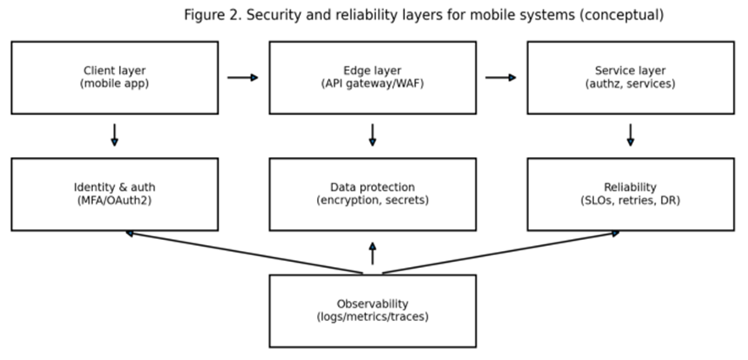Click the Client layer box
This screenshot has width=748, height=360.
point(114,77)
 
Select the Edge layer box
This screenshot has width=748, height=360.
point(372,77)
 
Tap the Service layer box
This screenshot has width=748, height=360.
point(631,77)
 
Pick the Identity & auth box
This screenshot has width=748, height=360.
point(114,194)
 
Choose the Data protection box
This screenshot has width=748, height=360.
point(372,194)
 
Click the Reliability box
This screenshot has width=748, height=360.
point(631,194)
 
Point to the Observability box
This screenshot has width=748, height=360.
point(372,310)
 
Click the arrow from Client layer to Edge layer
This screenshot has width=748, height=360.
point(243,78)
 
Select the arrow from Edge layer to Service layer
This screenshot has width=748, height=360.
point(500,78)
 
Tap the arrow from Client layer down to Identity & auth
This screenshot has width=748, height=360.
point(114,135)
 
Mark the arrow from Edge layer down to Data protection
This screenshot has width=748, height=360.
point(372,135)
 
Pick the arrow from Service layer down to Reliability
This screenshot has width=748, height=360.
point(631,135)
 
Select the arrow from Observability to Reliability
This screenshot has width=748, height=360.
point(500,252)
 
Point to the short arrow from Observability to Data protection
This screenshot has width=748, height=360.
point(372,254)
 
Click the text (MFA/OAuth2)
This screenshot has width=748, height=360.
point(114,200)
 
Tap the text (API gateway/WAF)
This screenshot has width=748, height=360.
point(372,84)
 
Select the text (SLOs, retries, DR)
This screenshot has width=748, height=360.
point(631,200)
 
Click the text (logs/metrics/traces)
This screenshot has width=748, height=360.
point(372,317)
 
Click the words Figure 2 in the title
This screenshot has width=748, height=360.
point(210,15)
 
